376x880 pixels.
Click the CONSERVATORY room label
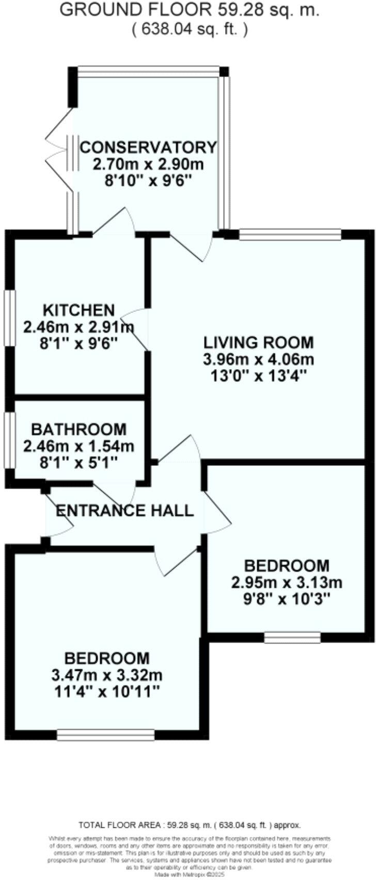148,147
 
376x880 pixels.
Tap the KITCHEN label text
78,310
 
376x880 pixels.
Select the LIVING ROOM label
258,342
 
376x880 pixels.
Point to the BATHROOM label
79,430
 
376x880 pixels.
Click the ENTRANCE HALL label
124,511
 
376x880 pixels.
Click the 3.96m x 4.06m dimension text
258,359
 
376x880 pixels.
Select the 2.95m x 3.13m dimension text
287,583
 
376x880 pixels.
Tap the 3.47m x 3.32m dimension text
107,675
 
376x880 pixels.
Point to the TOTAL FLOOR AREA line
189,825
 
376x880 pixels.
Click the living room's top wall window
290,234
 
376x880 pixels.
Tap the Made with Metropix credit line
189,875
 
